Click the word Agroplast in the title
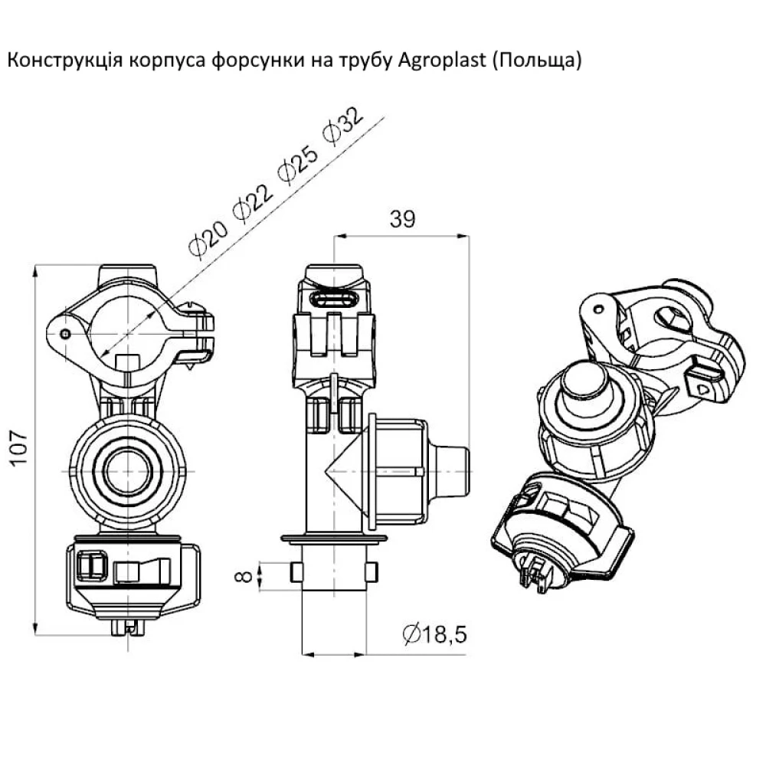[x=442, y=61]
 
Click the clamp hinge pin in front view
[x=66, y=333]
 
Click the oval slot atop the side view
[x=334, y=297]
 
